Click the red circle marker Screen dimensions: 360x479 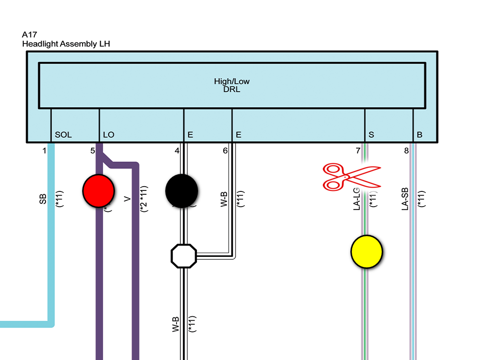[98, 190]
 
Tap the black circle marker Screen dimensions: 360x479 [181, 190]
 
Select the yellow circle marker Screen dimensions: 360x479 [366, 252]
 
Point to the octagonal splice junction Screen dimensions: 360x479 [184, 256]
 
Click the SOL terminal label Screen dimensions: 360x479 [63, 135]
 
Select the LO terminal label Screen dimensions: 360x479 [108, 135]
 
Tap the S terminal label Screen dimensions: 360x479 [371, 135]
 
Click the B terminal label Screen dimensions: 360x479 [420, 135]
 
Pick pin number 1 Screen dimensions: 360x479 [44, 151]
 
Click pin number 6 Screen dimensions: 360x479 [225, 151]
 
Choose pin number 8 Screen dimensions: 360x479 [406, 151]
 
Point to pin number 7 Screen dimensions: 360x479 [358, 151]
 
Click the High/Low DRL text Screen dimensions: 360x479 [232, 85]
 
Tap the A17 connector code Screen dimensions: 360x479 [29, 35]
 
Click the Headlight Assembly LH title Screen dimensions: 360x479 [66, 44]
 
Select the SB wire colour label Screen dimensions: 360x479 [43, 199]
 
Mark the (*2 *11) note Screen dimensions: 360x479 [144, 199]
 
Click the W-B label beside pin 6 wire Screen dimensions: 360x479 [224, 199]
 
